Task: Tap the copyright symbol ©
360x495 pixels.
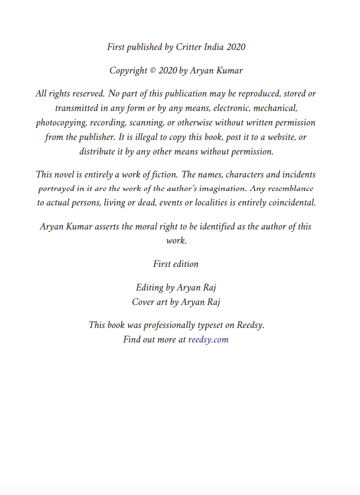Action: pos(152,70)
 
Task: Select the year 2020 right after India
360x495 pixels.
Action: pos(235,47)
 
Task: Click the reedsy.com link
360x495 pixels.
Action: pos(208,339)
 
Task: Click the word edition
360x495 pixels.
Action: pos(185,264)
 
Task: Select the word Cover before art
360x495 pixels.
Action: pos(143,302)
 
